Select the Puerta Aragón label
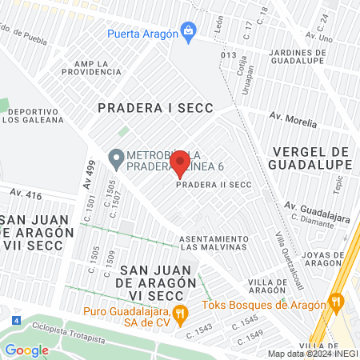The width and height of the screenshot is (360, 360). tap(145, 33)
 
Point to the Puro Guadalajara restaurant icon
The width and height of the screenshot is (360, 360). tap(181, 312)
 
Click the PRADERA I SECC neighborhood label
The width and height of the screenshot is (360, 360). tap(144, 106)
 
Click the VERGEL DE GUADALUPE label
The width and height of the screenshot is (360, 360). tap(312, 158)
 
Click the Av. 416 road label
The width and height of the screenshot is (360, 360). tap(26, 194)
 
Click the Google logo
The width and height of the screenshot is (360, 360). tap(27, 350)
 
